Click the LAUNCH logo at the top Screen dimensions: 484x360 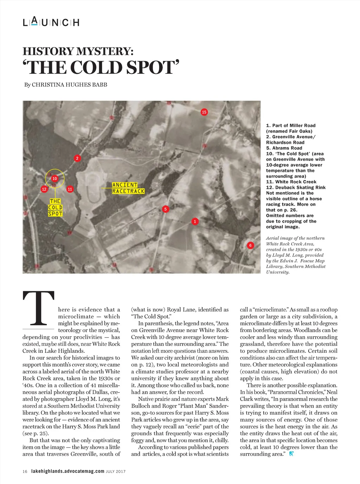point(51,22)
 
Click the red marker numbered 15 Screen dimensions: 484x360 point(204,112)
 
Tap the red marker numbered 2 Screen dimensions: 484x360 point(77,158)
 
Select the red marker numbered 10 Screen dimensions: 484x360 point(54,179)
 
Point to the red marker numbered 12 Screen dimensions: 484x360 point(44,189)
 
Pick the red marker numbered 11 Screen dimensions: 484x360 point(70,189)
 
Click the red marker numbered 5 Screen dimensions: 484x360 point(165,209)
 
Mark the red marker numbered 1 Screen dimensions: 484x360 point(195,222)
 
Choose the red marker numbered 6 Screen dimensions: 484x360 point(250,246)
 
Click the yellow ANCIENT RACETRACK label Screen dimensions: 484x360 point(128,188)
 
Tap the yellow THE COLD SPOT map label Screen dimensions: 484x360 point(55,208)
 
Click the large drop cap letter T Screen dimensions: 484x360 point(39,308)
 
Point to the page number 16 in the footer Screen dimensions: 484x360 point(25,471)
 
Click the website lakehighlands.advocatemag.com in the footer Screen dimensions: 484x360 point(68,471)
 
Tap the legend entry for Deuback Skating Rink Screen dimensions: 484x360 point(296,187)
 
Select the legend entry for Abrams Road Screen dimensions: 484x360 point(284,148)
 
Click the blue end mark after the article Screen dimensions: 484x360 point(291,454)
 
